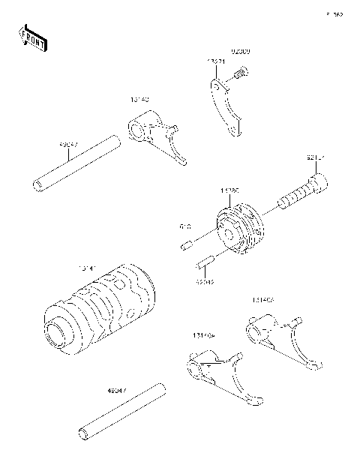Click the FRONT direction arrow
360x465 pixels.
pos(32,37)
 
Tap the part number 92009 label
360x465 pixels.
pos(240,52)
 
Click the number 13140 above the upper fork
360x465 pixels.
pos(139,98)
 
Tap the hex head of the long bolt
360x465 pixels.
pos(318,181)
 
